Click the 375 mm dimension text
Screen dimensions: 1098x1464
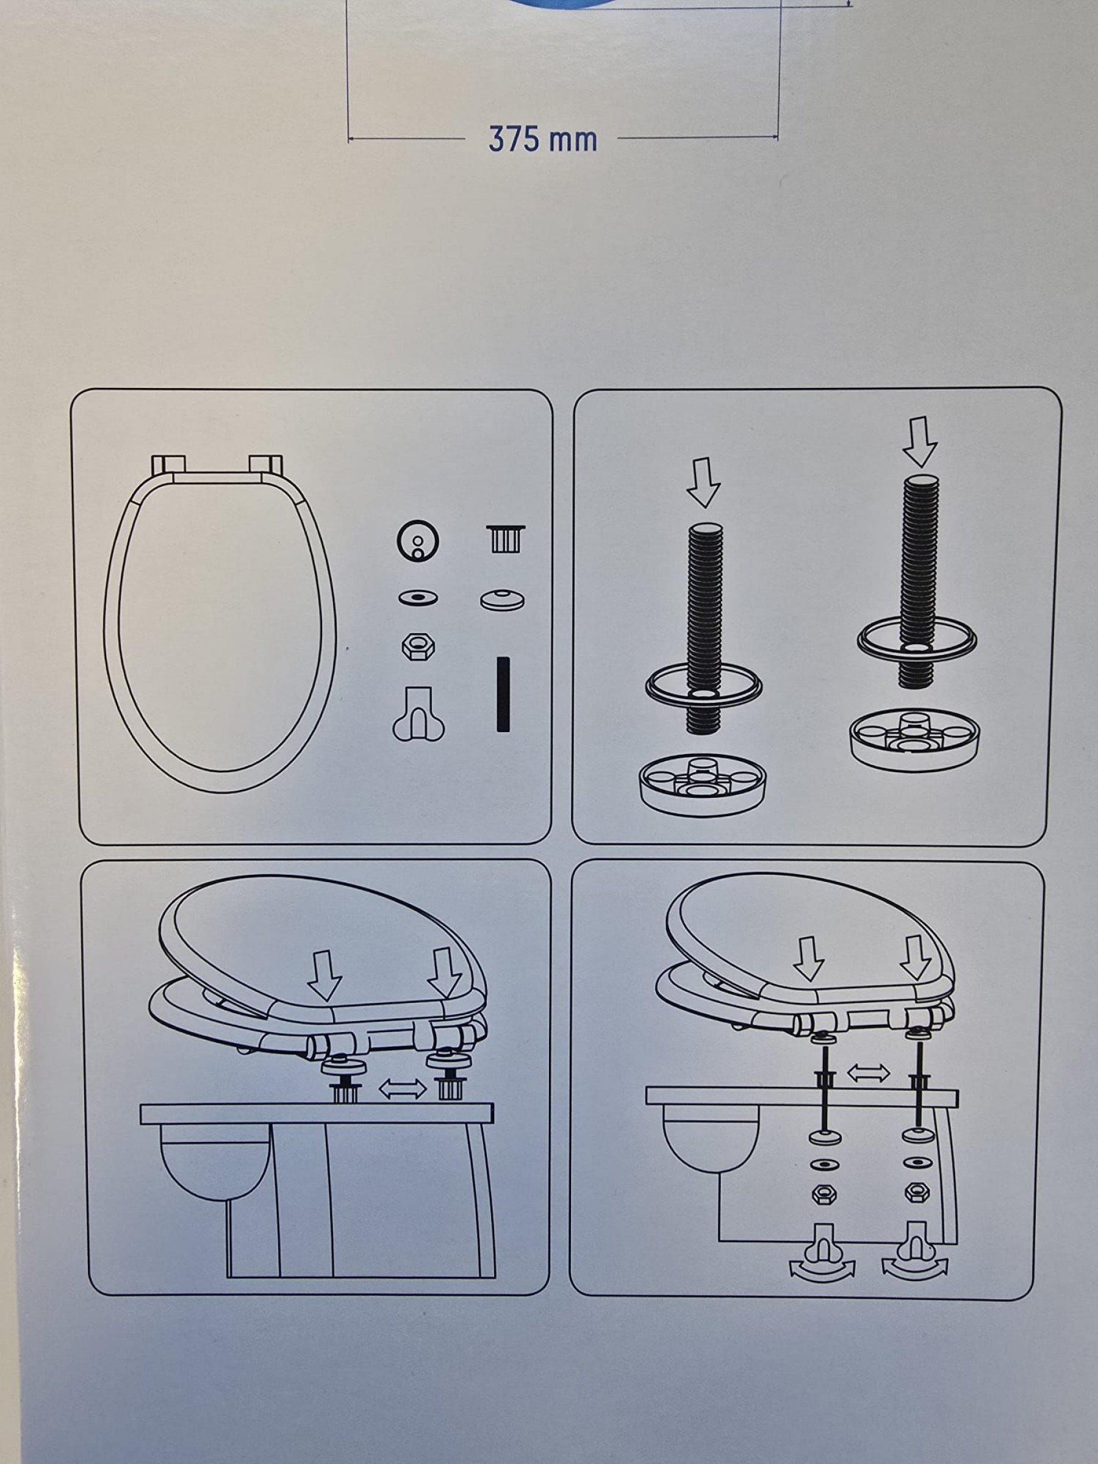pos(543,139)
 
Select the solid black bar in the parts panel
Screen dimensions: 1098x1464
pos(503,694)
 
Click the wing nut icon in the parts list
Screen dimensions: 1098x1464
pos(418,715)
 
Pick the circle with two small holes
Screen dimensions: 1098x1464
pos(418,540)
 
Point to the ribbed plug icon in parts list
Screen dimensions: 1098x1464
pos(506,539)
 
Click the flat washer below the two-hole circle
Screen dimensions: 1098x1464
pos(418,598)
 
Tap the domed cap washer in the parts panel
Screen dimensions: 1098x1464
pos(503,600)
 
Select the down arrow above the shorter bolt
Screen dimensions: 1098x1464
pos(703,482)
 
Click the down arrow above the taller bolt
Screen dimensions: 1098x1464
pos(920,442)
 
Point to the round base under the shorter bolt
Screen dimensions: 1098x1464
pos(702,785)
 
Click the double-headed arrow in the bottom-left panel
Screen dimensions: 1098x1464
pos(403,1088)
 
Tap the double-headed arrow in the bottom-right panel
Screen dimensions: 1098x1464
pos(869,1073)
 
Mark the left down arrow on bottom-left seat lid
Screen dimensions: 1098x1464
pos(325,976)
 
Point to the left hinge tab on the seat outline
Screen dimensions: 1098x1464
pos(168,464)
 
